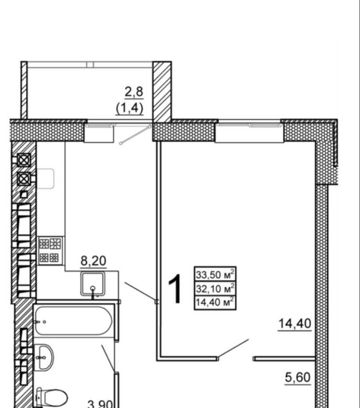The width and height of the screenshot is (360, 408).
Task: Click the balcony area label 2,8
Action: point(134,92)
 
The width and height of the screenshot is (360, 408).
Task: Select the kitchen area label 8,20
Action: point(94,260)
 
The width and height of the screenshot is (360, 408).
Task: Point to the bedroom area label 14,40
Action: point(295,324)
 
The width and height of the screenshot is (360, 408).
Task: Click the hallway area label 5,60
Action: point(298,378)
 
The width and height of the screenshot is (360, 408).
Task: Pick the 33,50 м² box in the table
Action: point(215,274)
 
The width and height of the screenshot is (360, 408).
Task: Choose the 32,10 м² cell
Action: point(215,288)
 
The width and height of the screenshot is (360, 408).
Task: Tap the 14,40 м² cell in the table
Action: point(215,302)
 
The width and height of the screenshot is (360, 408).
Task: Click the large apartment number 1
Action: point(175,289)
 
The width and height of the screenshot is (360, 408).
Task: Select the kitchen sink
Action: point(93,284)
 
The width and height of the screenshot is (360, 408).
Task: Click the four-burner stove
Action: point(51,251)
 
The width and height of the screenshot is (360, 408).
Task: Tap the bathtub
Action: point(74,321)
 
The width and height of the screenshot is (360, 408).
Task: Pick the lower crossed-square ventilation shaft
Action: point(24,179)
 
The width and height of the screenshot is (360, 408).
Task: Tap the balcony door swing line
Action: point(135,134)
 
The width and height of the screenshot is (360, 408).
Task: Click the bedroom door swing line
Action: point(233,348)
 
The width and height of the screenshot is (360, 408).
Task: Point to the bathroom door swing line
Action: point(108,358)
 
